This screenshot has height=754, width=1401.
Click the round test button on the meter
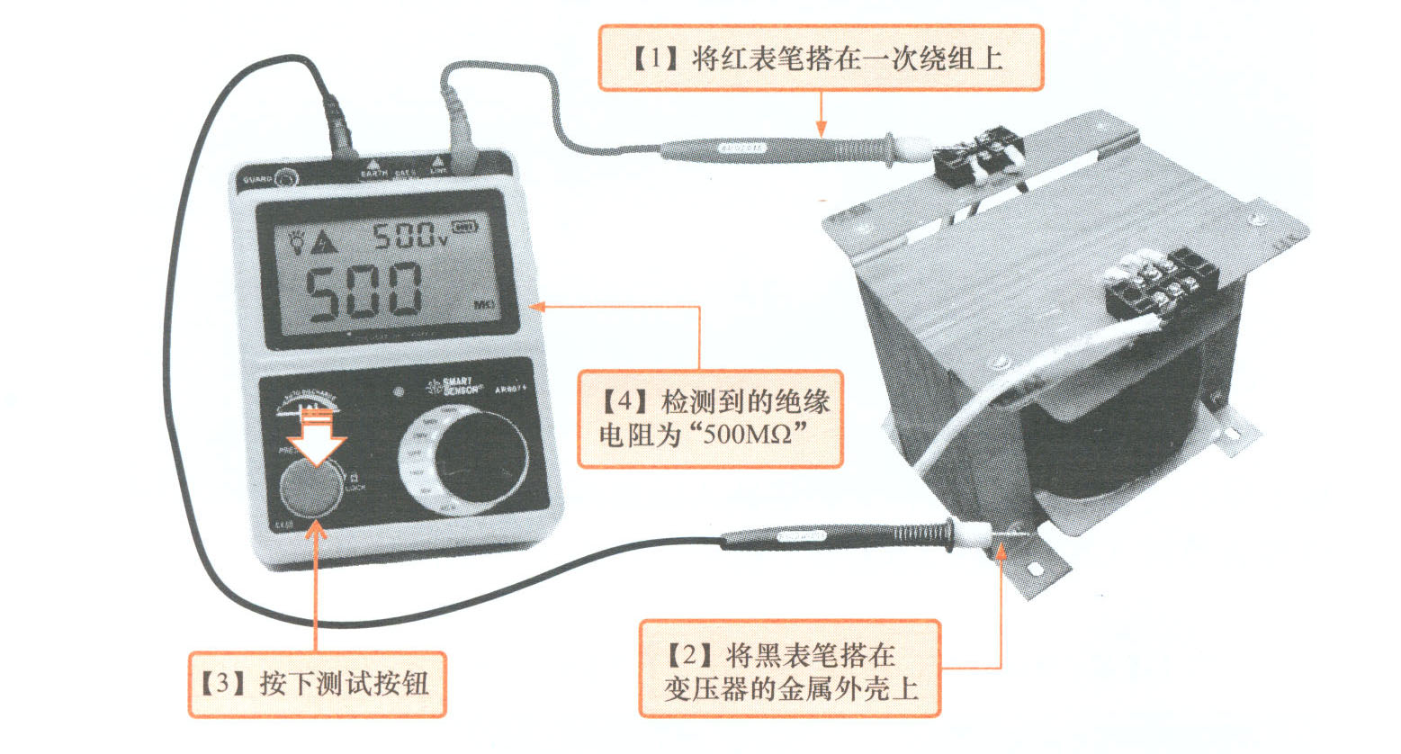tap(309, 490)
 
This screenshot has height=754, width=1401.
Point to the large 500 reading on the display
tap(364, 292)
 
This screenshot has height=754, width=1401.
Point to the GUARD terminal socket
tap(286, 179)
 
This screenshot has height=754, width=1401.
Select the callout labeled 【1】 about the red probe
tap(821, 58)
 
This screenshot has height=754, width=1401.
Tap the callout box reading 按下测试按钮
tap(317, 684)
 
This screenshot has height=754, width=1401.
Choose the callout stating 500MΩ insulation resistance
tap(710, 418)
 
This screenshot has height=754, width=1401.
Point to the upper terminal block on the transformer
tap(978, 159)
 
